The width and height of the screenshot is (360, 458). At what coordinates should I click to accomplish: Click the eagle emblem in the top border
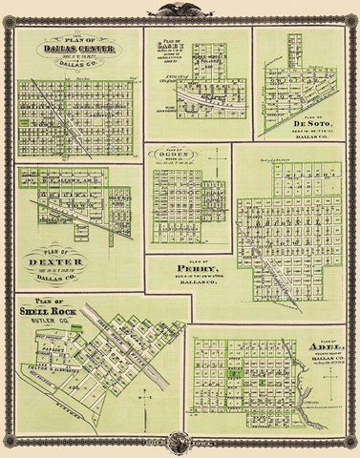click(180, 11)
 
